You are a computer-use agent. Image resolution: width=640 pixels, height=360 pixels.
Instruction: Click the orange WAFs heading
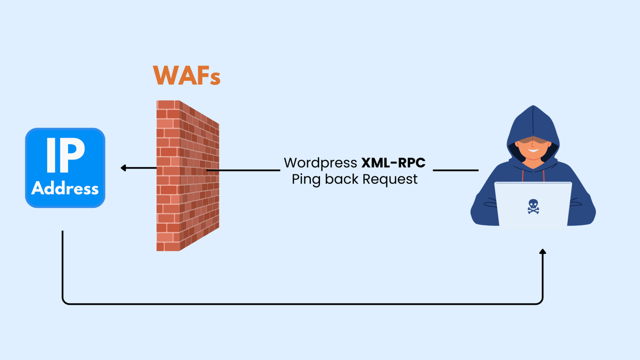[x=187, y=76]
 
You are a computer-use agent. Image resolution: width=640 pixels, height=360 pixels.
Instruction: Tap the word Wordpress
[x=320, y=163]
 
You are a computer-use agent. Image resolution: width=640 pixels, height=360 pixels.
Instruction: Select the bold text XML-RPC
[x=393, y=163]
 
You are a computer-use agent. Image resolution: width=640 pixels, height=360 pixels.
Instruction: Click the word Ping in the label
[x=306, y=179]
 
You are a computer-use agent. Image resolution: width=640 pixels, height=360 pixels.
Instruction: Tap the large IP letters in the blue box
[x=65, y=155]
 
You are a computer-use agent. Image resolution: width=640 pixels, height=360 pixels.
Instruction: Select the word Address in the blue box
[x=65, y=188]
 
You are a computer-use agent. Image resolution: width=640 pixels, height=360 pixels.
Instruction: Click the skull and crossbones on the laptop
[x=533, y=206]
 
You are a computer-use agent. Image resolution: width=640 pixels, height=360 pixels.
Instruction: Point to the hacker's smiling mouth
[x=533, y=151]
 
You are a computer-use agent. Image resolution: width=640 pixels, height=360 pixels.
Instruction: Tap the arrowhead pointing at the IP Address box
[x=123, y=168]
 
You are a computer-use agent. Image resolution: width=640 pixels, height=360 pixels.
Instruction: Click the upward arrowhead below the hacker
[x=543, y=252]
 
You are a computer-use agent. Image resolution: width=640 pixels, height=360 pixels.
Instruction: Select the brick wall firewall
[x=188, y=175]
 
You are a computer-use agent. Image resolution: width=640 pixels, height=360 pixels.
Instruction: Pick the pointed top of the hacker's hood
[x=533, y=107]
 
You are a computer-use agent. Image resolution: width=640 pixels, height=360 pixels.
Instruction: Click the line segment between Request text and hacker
[x=455, y=170]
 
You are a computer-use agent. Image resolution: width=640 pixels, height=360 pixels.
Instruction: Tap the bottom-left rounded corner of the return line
[x=65, y=302]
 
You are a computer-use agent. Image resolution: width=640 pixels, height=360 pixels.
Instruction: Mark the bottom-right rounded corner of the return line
[x=541, y=302]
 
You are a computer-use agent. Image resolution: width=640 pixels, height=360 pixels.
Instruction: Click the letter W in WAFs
[x=164, y=76]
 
